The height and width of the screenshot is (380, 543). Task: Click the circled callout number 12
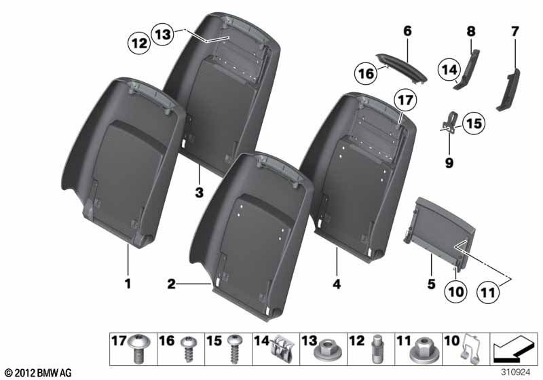pos(139,43)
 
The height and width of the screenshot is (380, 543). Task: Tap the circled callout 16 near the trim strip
pos(366,74)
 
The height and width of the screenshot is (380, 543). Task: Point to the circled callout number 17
pos(405,100)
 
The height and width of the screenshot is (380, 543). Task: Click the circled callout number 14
pos(449,70)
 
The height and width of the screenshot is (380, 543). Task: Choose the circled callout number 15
pos(474,123)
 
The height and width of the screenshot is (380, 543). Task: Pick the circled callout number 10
pos(455,292)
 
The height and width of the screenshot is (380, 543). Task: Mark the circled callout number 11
pos(488,292)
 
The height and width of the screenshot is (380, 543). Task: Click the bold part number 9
pos(449,162)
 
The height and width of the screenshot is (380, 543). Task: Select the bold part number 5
pos(431,284)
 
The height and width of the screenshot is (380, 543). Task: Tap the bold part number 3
pos(199,193)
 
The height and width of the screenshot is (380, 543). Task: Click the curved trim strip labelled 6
pos(401,68)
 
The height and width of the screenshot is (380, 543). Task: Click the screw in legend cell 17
pos(138,349)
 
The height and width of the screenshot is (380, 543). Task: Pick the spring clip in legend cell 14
pos(282,348)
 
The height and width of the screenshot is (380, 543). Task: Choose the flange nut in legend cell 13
pos(328,349)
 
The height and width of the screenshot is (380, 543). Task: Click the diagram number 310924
pos(515,372)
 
